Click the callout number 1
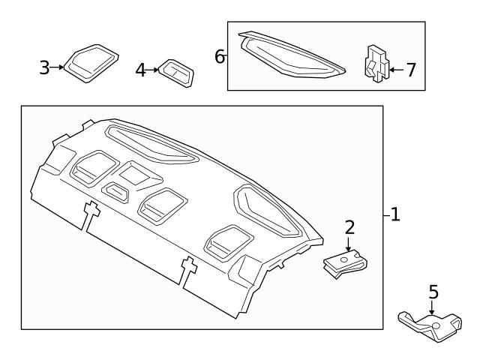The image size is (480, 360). pos(395,215)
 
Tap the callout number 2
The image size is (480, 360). pos(349,228)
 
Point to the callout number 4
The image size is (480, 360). pos(142,70)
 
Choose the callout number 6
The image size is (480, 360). pos(220,56)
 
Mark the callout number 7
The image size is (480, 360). pos(410,70)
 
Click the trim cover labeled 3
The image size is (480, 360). pos(90,63)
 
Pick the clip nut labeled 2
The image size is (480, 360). pos(346,262)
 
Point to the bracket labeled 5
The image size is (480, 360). pos(429,323)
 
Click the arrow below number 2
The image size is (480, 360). pos(349,244)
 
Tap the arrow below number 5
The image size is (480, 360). pos(432,307)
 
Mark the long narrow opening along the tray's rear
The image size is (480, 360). pos(153,145)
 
